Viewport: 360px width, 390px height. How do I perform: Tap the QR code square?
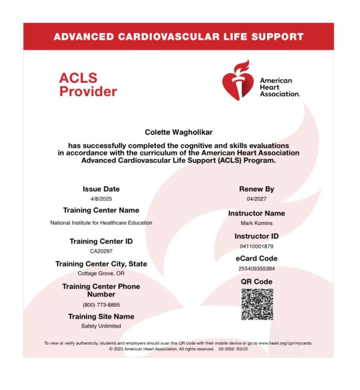(x=257, y=304)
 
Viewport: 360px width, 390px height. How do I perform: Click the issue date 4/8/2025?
(x=101, y=199)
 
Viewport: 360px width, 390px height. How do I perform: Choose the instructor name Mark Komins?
(x=256, y=223)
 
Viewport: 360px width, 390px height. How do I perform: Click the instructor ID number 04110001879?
(x=256, y=246)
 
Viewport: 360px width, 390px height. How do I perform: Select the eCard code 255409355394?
(x=256, y=268)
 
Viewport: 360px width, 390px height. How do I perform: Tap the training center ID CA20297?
(x=101, y=251)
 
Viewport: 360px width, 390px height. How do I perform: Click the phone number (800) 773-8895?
(x=101, y=305)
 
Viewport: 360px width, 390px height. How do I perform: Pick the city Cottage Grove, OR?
(x=101, y=274)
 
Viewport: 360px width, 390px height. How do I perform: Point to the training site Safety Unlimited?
(x=101, y=326)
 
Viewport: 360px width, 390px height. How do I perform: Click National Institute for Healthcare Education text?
(x=101, y=223)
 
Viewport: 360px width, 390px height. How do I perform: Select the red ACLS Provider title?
(x=88, y=85)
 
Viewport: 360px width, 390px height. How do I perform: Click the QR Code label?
(x=256, y=281)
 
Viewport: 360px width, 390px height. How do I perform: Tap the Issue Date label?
(x=101, y=189)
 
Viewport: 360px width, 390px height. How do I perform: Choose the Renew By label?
(x=256, y=189)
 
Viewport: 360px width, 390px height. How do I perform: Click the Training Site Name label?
(x=101, y=316)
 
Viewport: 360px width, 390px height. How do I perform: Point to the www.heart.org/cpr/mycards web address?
(x=285, y=343)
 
